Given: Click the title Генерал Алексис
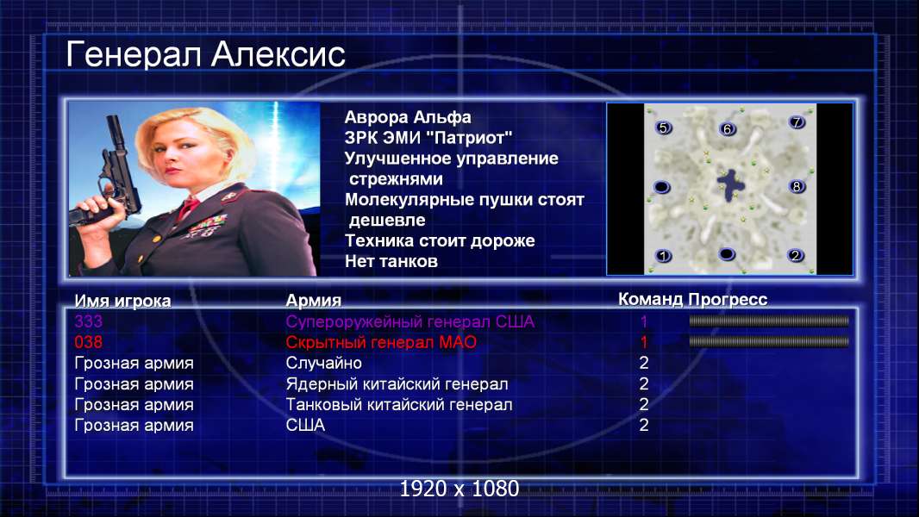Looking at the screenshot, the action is pos(205,55).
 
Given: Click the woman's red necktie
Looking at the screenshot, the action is pos(188,208).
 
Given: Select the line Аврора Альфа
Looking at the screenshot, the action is pos(407,117).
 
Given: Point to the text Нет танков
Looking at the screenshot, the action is pos(391,261).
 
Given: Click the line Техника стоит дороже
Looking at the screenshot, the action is pos(440,240).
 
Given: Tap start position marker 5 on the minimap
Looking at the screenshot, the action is pos(663,128).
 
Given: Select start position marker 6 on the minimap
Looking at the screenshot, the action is pos(727,128).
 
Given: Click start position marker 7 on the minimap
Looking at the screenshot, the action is pos(797,121).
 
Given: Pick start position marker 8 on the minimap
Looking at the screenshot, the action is pos(797,187).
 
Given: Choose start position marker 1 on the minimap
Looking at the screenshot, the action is pos(663,256).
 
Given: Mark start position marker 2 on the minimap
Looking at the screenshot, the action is pos(796,255).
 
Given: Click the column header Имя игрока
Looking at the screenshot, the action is pos(122,301).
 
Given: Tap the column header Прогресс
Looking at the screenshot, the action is pos(728,299).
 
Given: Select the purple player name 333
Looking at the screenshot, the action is pos(88,321).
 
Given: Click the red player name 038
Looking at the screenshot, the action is pos(88,342).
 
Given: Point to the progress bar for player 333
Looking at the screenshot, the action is pos(769,321).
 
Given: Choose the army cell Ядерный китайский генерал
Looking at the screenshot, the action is pos(397,384).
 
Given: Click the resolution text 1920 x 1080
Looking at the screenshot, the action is pos(459,489).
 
